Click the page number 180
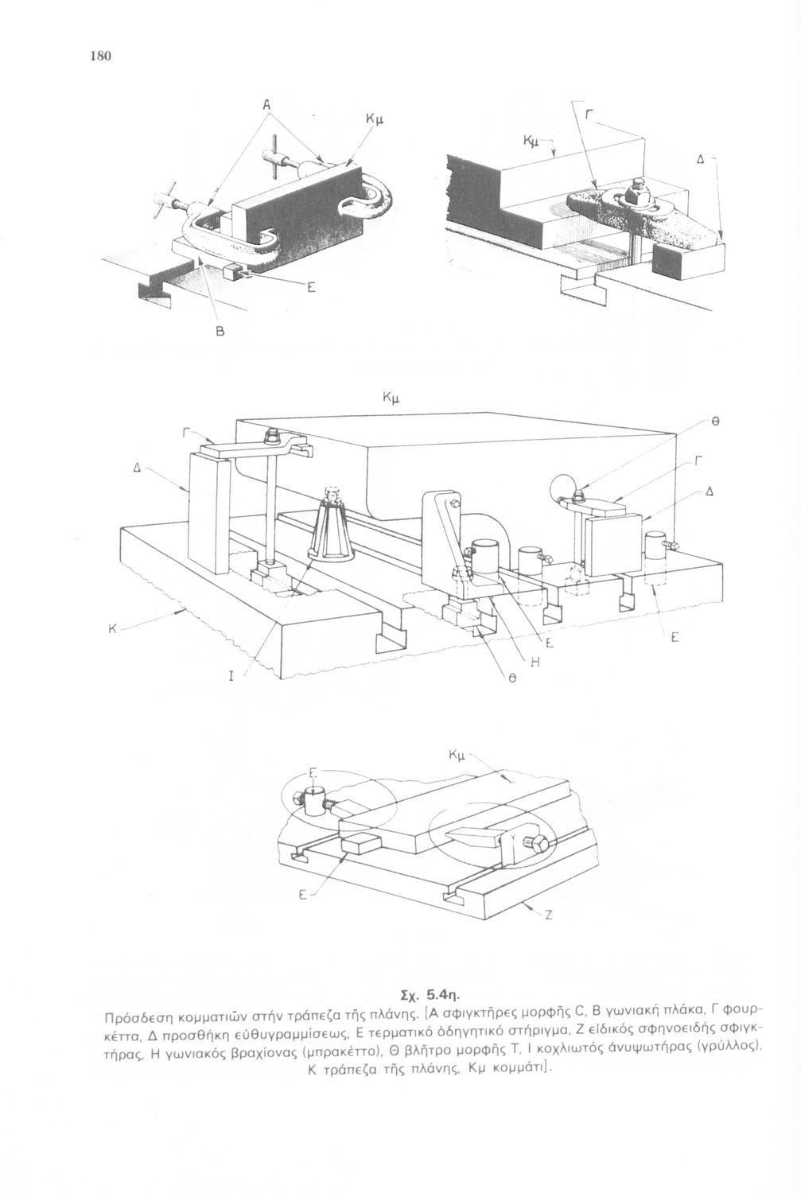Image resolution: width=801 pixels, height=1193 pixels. click(x=101, y=55)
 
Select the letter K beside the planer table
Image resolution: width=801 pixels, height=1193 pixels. click(x=112, y=628)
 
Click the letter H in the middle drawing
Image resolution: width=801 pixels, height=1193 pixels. click(x=535, y=662)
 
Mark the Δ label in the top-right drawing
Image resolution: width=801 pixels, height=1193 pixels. click(x=700, y=158)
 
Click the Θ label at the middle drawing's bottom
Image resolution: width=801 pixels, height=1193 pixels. click(x=515, y=681)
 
